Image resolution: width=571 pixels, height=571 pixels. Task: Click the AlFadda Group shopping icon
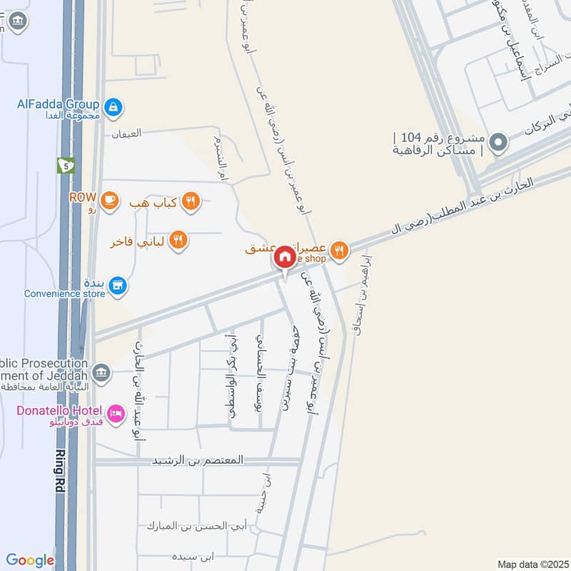point(112,108)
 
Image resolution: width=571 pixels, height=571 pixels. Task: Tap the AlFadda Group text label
point(59,103)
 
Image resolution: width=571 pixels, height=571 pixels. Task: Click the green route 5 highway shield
point(66,165)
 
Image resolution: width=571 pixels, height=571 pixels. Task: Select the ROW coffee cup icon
point(109,201)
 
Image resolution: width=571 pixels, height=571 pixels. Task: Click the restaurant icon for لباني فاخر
point(179,241)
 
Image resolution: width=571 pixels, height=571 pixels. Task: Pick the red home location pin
point(285,257)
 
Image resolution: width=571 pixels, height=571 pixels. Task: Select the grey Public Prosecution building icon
point(103,371)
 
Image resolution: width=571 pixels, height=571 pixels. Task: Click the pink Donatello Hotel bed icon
point(115,413)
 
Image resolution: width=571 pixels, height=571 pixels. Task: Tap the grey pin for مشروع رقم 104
point(500,142)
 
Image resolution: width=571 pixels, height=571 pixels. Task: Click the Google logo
point(30,560)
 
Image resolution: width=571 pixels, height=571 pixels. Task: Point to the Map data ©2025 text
point(532,564)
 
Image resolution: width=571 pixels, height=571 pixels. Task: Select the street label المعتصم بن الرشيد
point(197,461)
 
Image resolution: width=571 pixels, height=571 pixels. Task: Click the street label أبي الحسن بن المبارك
point(196,526)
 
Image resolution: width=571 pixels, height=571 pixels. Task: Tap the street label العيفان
point(126,133)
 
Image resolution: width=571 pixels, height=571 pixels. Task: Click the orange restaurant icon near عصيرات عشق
point(340,250)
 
